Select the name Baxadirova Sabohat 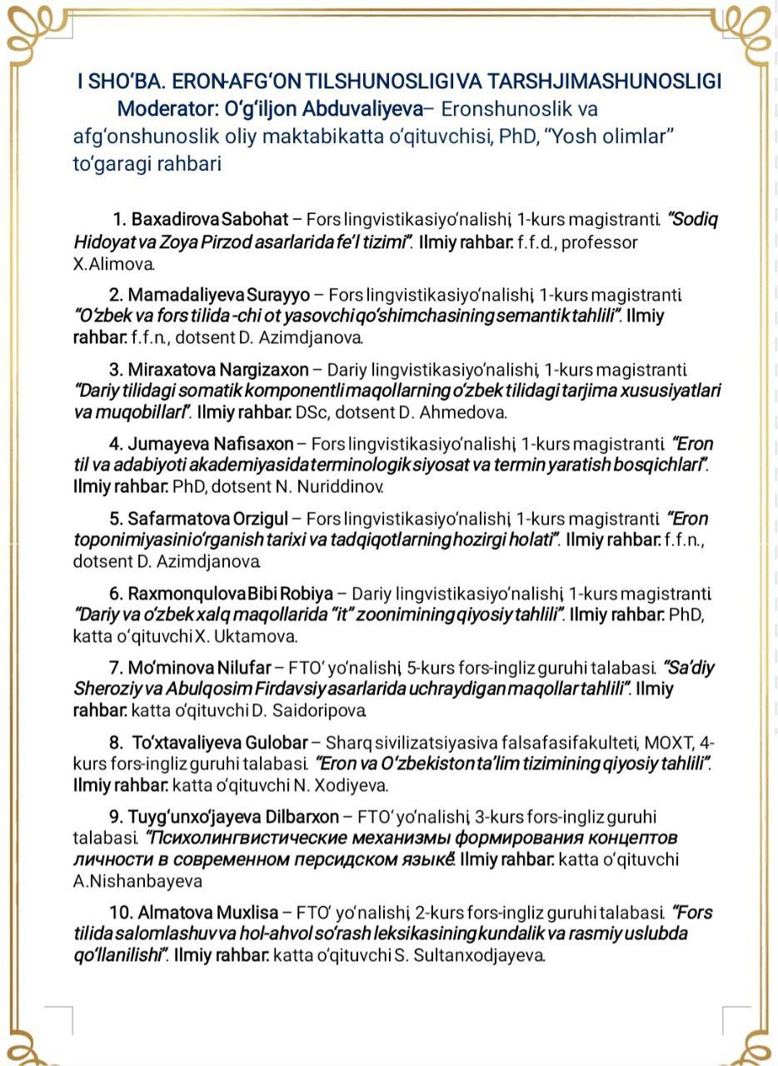[209, 220]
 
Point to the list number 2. [116, 295]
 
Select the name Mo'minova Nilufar [200, 668]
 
